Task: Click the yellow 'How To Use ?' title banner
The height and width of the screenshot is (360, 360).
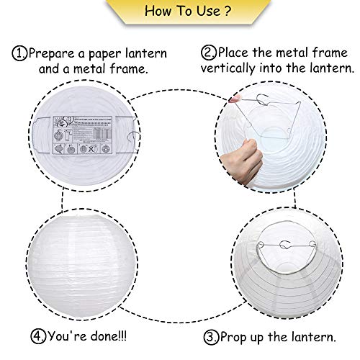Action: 179,13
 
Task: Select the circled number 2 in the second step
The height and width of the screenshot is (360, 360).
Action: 210,53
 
